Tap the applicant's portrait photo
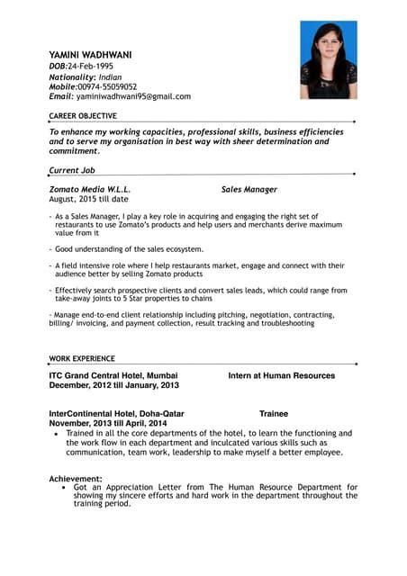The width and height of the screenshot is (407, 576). coord(328,60)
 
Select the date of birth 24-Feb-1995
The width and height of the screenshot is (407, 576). coord(95,67)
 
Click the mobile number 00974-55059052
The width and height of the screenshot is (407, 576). coord(107,86)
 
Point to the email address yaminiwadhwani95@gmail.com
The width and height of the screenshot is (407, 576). coord(133,96)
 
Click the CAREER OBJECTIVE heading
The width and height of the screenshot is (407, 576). coord(83,116)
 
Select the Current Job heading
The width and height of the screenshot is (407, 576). coord(72,169)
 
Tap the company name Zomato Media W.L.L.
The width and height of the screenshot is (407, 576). coord(89,190)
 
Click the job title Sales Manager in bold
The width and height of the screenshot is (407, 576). coord(249,190)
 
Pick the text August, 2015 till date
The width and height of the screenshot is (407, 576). coord(88,200)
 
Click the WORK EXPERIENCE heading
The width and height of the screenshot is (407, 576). coord(82,358)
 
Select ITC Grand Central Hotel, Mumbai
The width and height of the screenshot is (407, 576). coord(113,375)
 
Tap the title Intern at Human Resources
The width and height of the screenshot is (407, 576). coord(281,375)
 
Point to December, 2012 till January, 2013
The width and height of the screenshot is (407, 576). coord(113,385)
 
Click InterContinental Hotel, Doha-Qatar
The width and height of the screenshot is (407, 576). coord(117,414)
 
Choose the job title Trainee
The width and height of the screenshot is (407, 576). coord(274,414)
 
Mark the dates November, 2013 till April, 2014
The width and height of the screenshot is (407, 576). coord(108,423)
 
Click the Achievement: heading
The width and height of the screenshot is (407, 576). coord(76,479)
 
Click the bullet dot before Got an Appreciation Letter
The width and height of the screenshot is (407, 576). coord(63,487)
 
